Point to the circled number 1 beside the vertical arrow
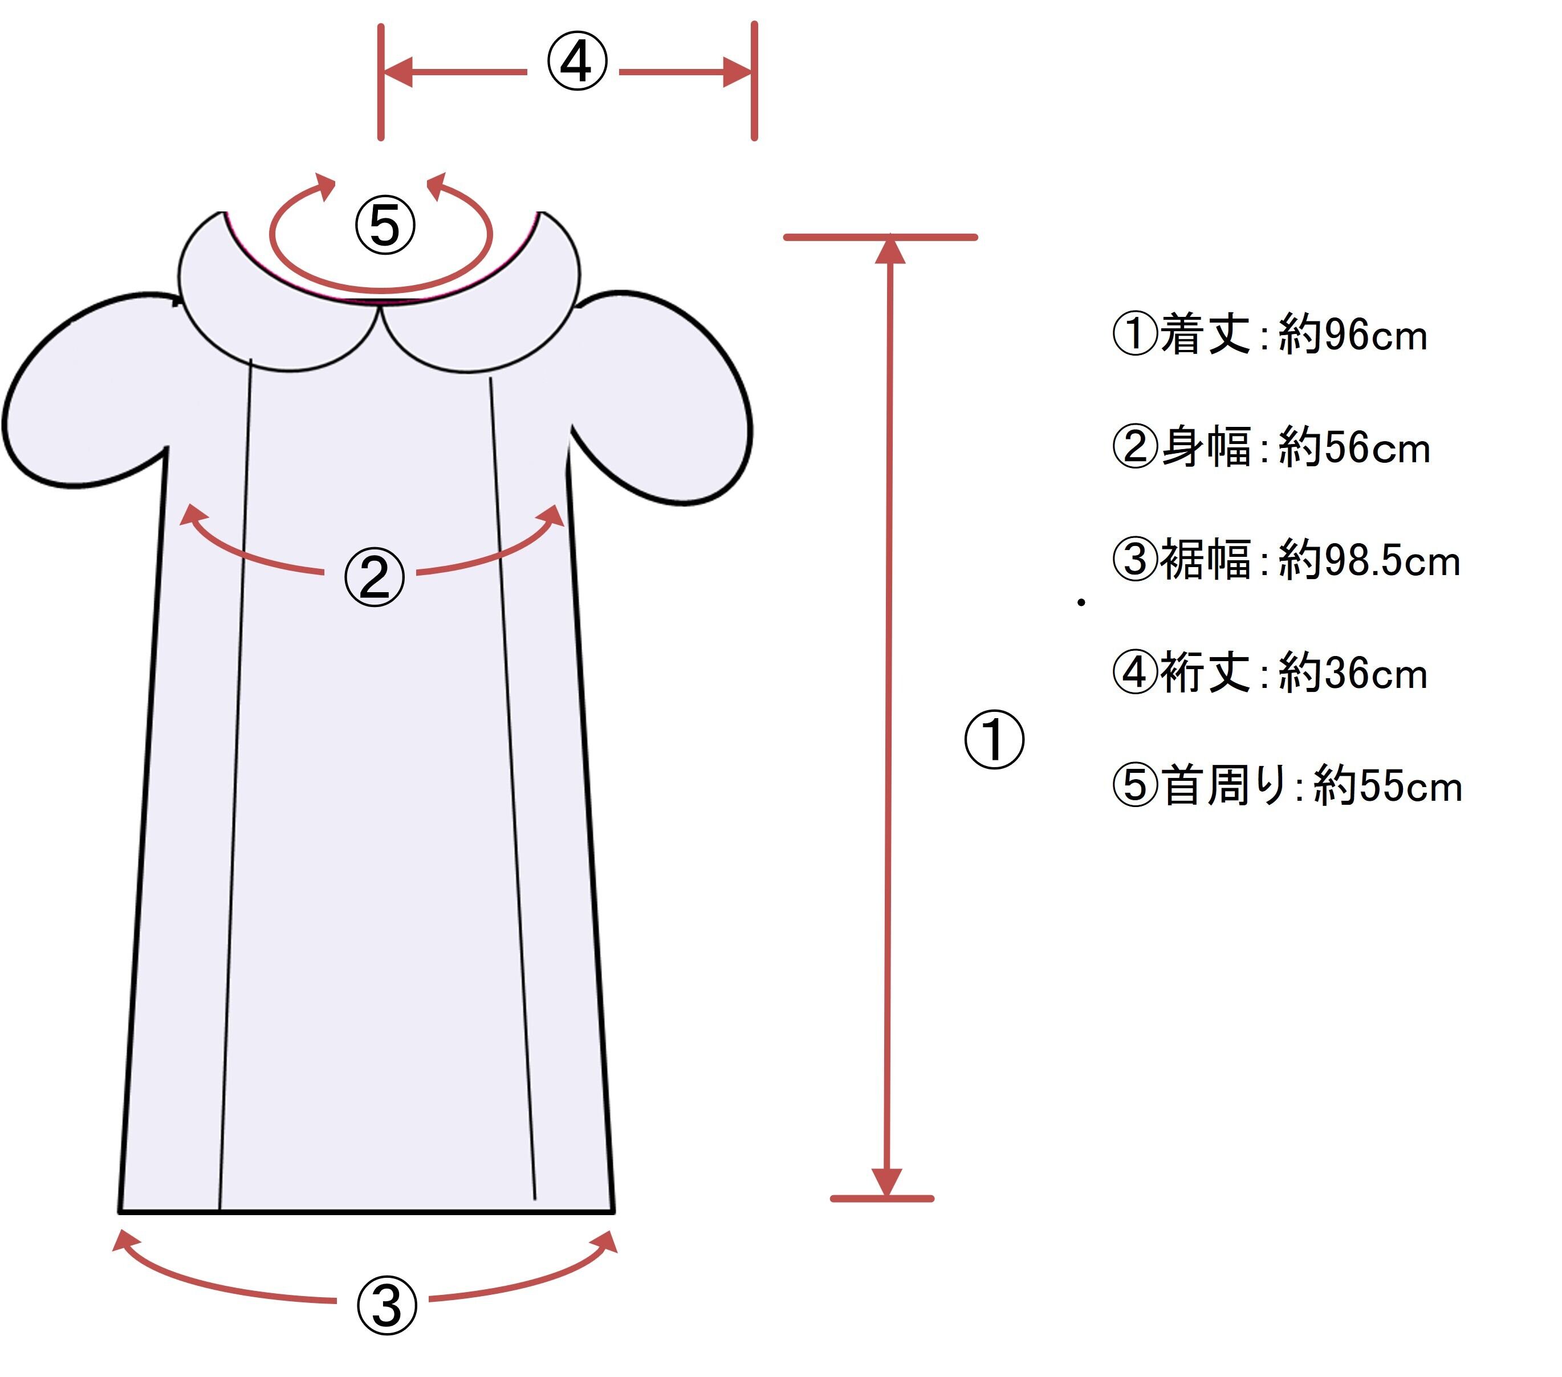point(994,740)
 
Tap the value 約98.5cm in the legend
point(1369,561)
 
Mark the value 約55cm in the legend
point(1388,787)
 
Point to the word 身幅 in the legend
point(1205,448)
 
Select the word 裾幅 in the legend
point(1205,561)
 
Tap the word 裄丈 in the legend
point(1205,674)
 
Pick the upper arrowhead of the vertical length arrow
point(889,252)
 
